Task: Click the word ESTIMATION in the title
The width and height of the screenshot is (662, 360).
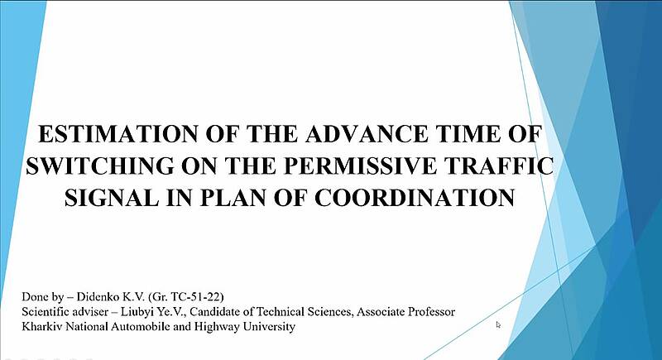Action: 118,134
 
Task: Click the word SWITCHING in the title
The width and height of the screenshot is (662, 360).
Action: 99,166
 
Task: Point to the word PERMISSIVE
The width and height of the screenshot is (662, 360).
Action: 360,166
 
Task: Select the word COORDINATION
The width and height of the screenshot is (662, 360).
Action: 415,197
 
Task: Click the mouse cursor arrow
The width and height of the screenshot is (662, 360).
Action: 498,324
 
